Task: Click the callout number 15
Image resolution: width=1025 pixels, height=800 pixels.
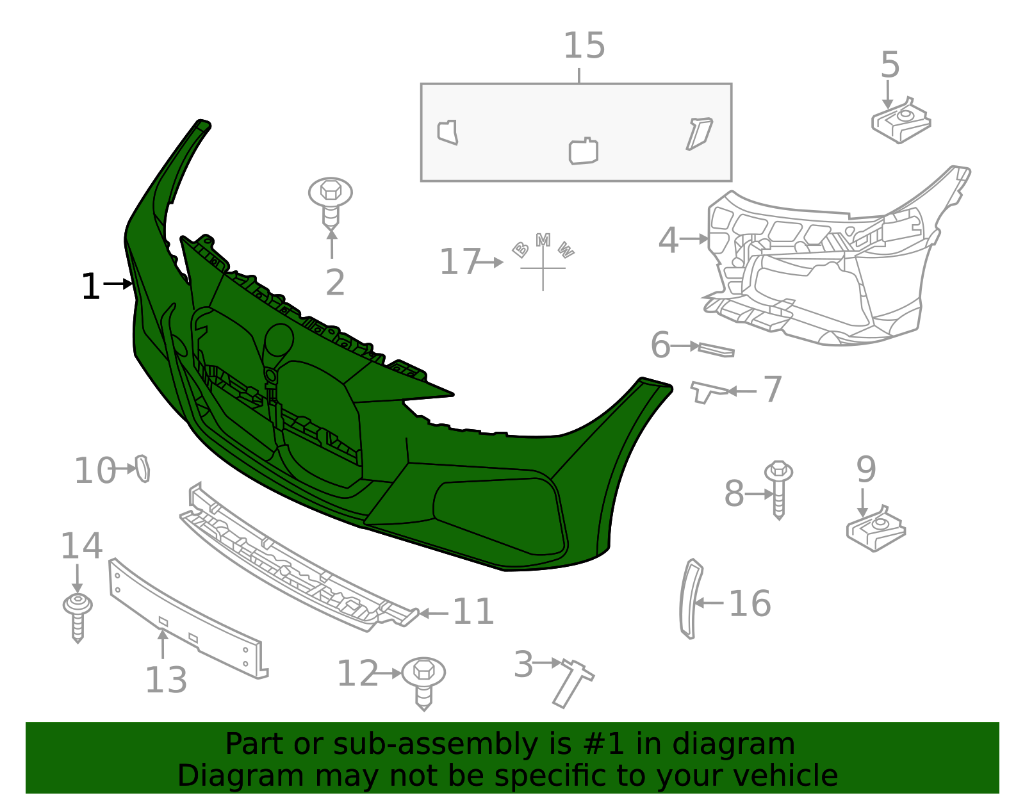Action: [584, 46]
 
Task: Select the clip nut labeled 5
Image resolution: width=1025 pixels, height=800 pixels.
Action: [900, 122]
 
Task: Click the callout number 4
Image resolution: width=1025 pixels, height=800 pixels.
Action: [668, 241]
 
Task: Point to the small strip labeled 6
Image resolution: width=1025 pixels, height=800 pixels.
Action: [716, 350]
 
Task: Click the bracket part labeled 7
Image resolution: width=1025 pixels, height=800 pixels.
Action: [706, 390]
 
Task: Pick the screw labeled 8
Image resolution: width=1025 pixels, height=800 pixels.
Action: [778, 489]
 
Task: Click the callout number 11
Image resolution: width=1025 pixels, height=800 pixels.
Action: [473, 612]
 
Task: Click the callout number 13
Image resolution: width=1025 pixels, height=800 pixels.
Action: [166, 680]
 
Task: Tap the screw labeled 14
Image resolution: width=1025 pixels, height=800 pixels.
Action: [78, 615]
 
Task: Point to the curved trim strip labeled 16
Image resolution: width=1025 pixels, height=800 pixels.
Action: [689, 599]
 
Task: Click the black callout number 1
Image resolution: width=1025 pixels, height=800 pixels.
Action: [90, 286]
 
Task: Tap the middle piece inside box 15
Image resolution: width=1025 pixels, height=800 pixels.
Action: [583, 152]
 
